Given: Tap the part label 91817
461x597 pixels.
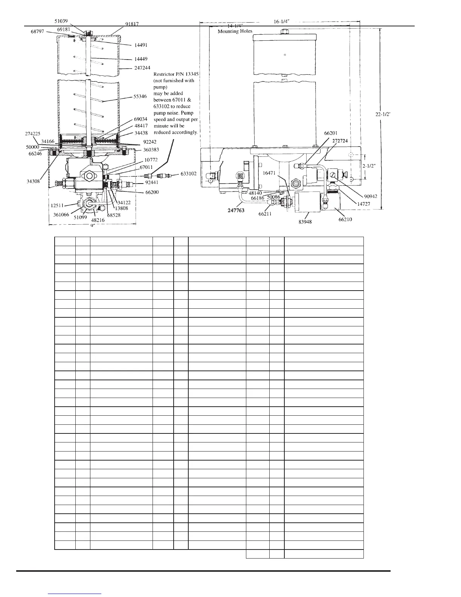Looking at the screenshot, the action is [132, 24].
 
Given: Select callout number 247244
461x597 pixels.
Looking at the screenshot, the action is [142, 68].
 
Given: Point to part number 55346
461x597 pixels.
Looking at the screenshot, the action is [140, 96].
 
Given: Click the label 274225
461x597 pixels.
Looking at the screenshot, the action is [33, 133].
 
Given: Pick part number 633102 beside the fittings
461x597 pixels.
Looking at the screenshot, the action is [188, 174].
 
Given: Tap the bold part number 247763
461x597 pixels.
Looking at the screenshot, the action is [236, 210].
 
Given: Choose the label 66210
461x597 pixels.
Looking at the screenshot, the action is [345, 219].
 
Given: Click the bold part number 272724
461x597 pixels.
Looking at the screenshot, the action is [340, 140].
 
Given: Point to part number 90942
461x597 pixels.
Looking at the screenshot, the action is [371, 196].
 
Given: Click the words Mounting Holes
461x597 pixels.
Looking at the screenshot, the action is [235, 31].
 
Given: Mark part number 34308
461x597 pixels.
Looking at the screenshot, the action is [34, 181].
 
